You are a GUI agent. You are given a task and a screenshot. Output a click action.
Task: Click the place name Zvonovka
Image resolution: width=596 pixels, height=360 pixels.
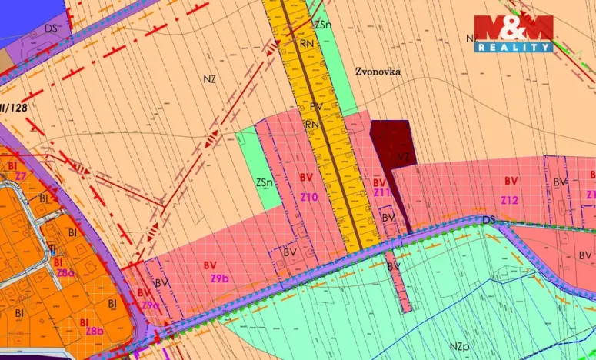(378, 71)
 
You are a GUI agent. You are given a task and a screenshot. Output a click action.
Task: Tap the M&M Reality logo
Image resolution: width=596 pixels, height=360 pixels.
(513, 33)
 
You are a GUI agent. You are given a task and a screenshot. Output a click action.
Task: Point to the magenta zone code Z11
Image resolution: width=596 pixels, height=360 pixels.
(382, 193)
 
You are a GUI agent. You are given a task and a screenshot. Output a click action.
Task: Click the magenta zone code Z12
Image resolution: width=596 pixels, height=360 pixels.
(510, 200)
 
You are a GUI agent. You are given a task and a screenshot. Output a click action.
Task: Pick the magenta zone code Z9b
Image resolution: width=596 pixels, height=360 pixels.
(219, 278)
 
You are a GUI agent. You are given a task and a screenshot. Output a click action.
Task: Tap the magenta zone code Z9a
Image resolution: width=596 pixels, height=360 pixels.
(149, 305)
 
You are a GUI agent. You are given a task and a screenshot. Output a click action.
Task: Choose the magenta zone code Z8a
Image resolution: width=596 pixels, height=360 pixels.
(65, 272)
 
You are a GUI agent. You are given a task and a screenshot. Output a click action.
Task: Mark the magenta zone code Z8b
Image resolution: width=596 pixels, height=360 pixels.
(94, 332)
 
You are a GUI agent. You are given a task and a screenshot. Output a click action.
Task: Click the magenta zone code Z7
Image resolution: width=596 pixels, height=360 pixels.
(20, 176)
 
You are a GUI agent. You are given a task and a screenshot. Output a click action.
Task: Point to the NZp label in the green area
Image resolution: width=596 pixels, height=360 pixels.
(460, 347)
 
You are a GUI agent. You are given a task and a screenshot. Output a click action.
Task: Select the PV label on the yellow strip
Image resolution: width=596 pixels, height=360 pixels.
(316, 107)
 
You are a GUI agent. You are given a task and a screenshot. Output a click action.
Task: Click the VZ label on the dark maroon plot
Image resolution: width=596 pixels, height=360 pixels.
(404, 156)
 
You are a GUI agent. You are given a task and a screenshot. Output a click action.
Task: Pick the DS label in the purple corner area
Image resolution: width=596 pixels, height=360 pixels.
(52, 28)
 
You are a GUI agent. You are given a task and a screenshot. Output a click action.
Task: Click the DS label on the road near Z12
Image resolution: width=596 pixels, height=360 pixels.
(489, 221)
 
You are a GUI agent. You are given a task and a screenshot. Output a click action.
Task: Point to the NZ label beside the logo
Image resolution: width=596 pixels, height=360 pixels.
(472, 38)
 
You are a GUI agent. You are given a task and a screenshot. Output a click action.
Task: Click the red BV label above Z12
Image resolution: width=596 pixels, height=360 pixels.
(511, 180)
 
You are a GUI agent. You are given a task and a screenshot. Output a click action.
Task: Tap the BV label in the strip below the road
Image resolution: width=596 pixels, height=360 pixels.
(394, 266)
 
